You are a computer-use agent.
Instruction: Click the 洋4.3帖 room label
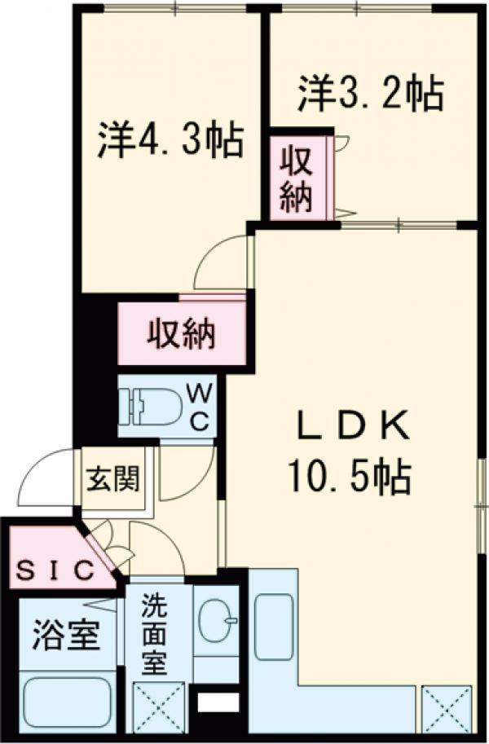coord(170,139)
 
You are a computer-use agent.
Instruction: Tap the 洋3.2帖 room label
coord(370,94)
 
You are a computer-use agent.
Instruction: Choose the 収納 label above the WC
coord(181,334)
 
